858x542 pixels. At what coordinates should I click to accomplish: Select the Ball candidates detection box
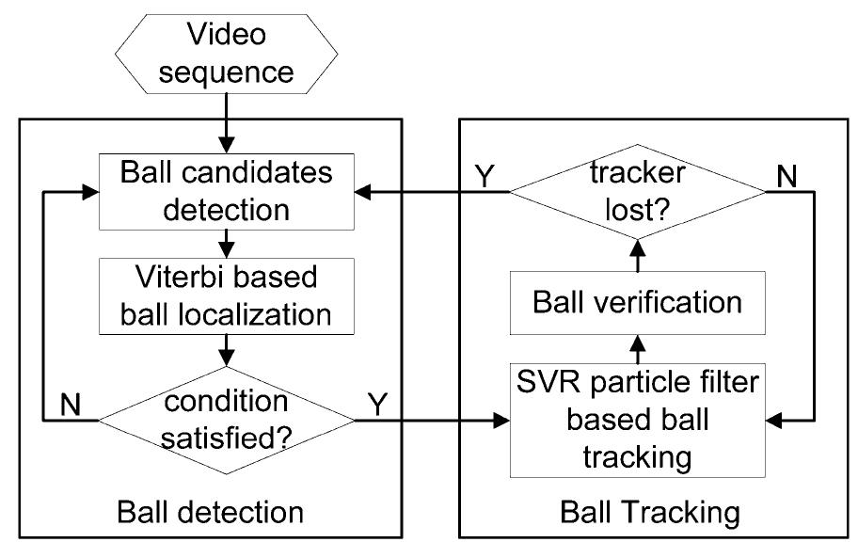point(227,193)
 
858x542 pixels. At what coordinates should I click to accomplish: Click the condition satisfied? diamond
point(227,420)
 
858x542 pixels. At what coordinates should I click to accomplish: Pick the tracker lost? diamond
point(637,192)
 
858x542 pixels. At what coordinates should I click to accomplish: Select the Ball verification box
point(637,301)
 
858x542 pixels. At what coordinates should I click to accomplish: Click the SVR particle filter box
point(637,420)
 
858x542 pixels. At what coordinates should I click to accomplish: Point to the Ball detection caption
point(210,513)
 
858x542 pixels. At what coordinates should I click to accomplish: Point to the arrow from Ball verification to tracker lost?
point(637,252)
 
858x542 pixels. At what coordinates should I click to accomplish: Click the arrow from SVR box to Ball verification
point(637,348)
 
